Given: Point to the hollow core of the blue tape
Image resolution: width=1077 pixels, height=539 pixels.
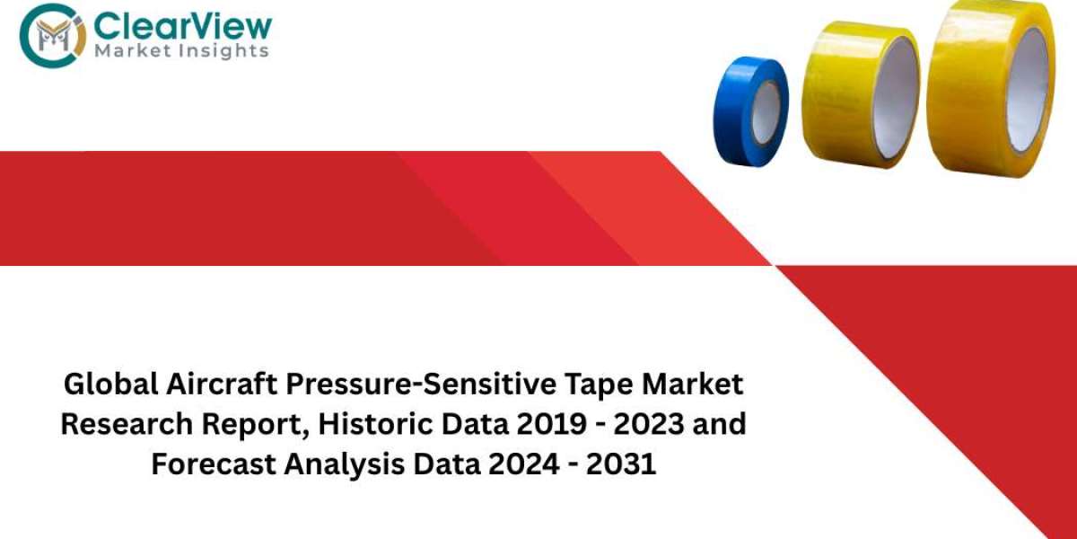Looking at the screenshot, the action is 766,113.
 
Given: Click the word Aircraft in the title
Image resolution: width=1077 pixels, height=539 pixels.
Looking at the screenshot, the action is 223,385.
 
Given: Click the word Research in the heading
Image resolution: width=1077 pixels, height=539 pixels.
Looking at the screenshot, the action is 127,424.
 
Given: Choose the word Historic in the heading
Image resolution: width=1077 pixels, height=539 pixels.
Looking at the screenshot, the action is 375,424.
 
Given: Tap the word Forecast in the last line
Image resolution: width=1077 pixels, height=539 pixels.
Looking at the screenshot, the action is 214,464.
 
